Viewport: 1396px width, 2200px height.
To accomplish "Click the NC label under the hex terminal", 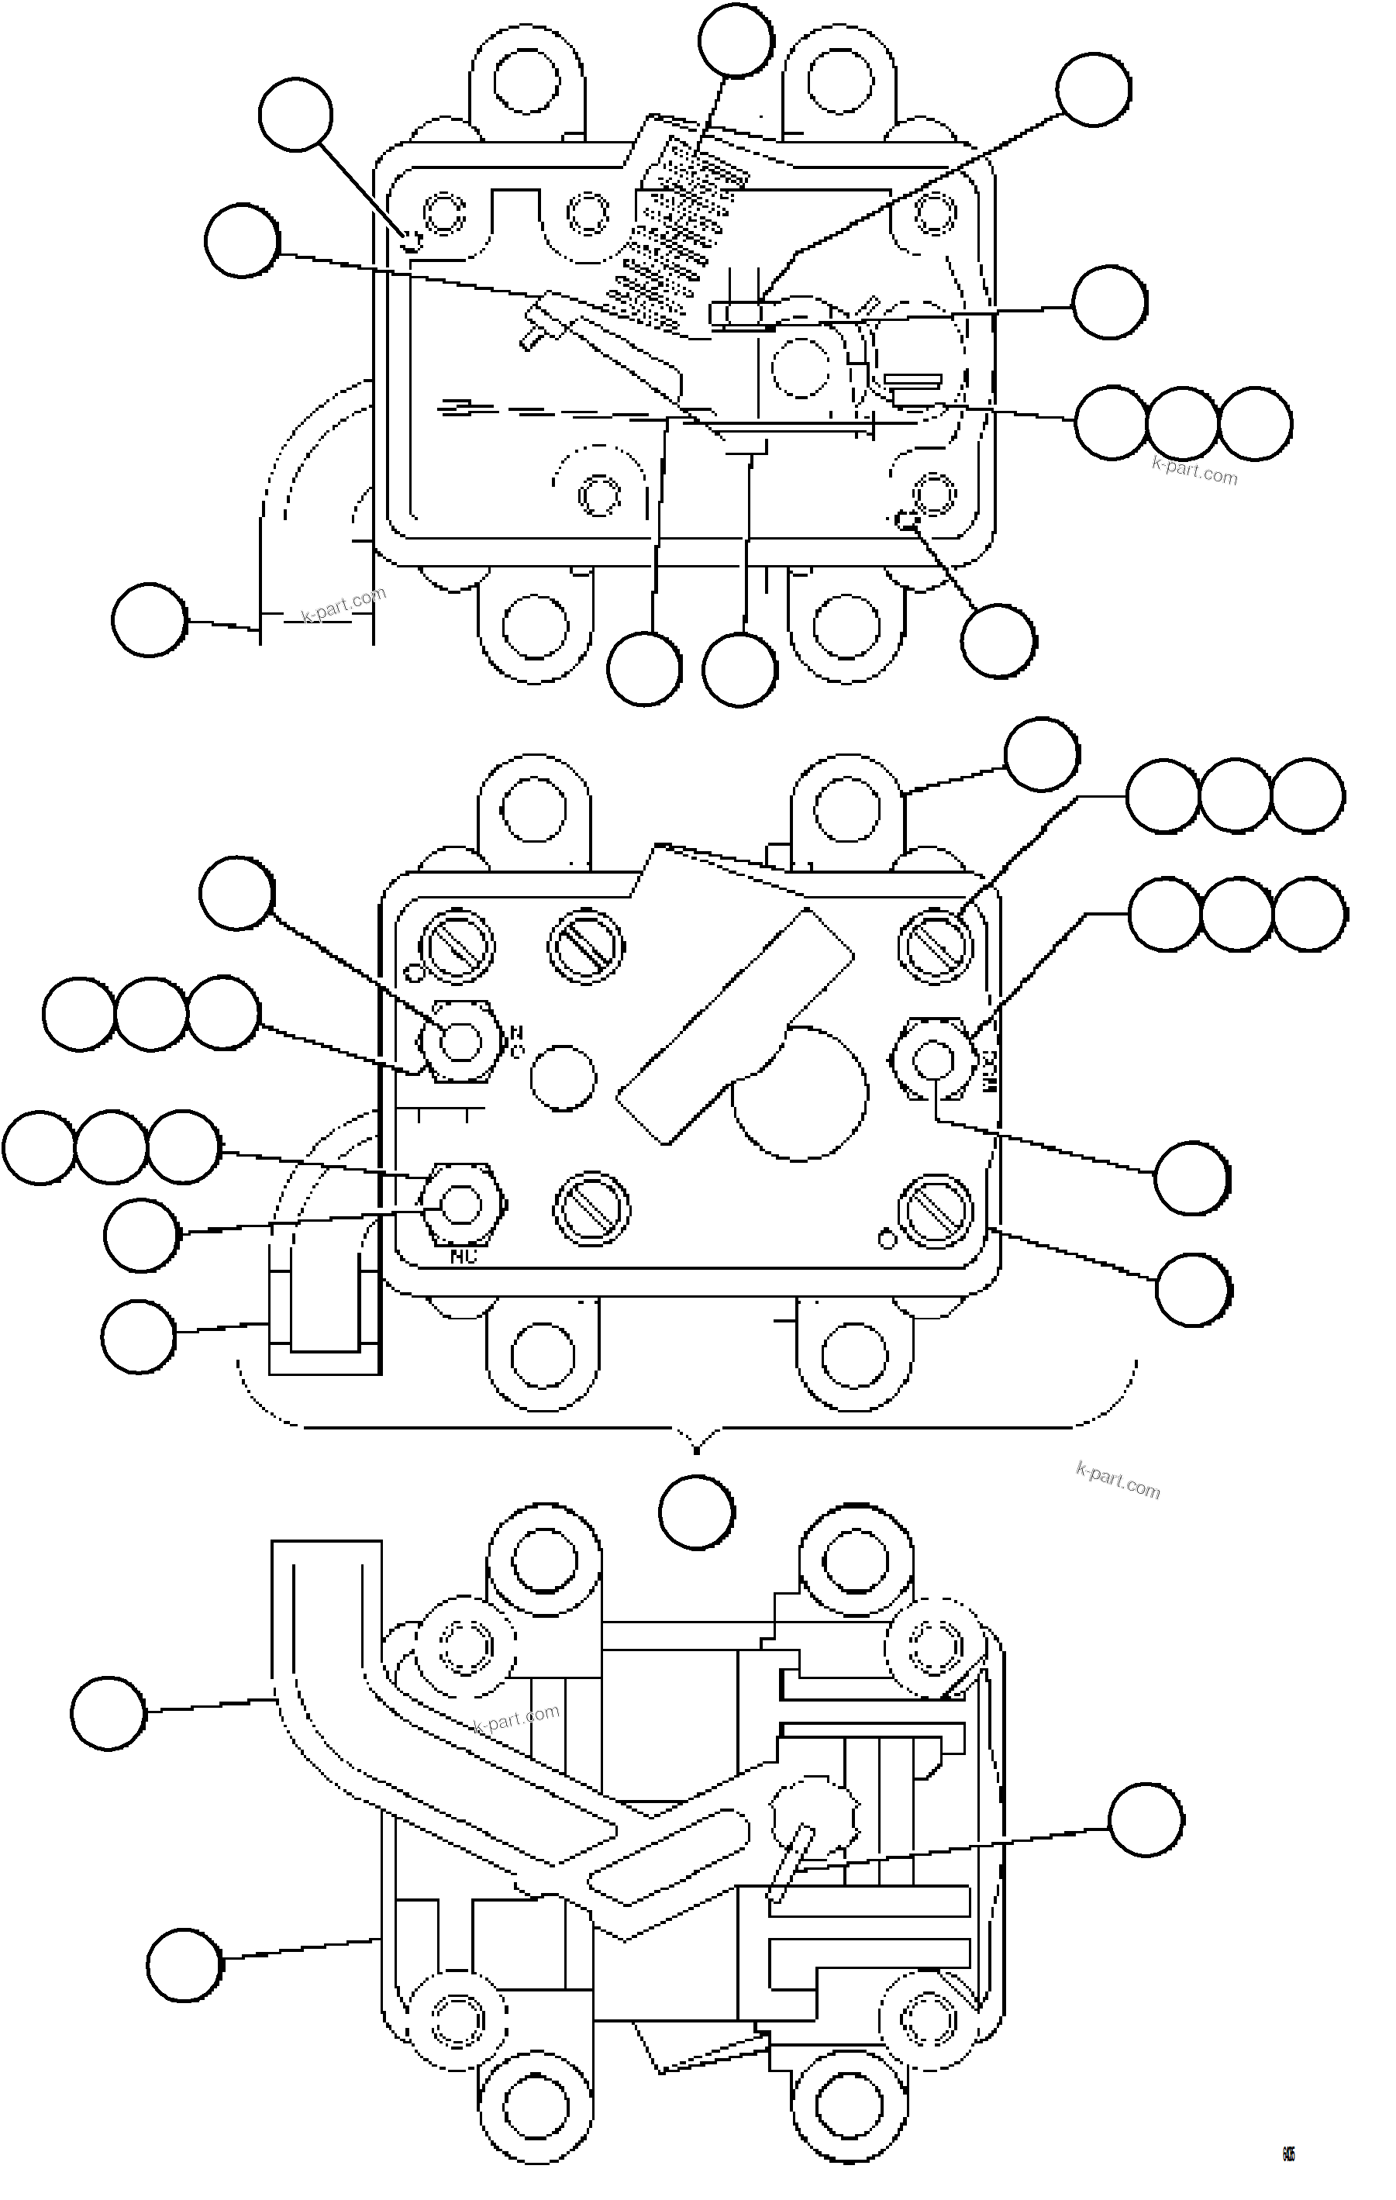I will tap(464, 1257).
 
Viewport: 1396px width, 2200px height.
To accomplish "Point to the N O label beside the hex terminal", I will tap(516, 1042).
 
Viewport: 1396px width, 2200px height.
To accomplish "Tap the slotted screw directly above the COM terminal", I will tap(935, 941).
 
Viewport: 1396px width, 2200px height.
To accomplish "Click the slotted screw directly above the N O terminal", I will tap(457, 946).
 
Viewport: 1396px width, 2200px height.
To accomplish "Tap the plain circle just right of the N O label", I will tap(563, 1078).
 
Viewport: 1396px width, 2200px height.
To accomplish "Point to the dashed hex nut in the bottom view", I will tap(814, 1821).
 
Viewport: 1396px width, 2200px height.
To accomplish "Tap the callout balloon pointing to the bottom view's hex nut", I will tap(1146, 1819).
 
